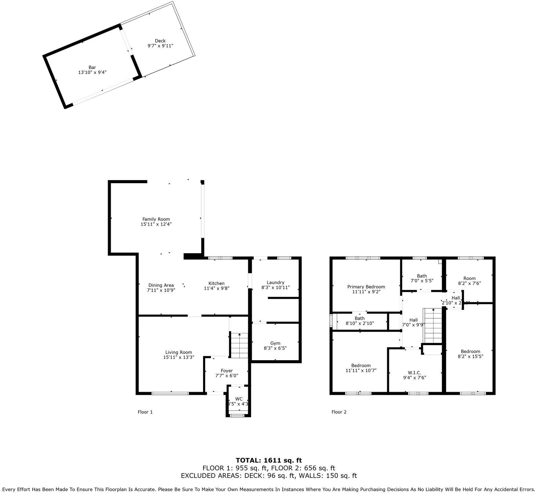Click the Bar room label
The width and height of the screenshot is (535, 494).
point(92,68)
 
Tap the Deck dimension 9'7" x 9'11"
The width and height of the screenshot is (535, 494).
point(160,46)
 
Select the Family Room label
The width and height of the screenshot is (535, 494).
point(156,219)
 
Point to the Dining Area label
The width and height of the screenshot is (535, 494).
point(161,285)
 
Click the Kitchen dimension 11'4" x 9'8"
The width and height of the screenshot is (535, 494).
point(216,289)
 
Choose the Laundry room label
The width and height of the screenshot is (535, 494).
point(275,282)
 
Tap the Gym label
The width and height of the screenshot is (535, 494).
point(275,343)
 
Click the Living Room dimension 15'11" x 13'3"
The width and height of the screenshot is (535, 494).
point(179,357)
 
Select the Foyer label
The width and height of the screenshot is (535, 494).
point(227,370)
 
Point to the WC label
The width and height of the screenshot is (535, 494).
point(239,399)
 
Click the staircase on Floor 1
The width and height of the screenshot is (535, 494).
point(239,345)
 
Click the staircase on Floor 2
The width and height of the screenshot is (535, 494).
point(433,326)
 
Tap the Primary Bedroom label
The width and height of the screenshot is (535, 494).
point(366,287)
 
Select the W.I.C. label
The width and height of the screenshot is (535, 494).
point(414,373)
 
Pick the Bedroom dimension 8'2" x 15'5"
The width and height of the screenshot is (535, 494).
point(470,356)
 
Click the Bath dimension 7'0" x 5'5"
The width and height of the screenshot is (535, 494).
point(422,281)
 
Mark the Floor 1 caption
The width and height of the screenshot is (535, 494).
point(145,412)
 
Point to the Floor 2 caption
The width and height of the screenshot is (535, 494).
point(339,412)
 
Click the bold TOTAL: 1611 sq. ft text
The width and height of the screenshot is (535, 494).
point(269,460)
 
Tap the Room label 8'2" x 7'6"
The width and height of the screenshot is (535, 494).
point(469,278)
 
